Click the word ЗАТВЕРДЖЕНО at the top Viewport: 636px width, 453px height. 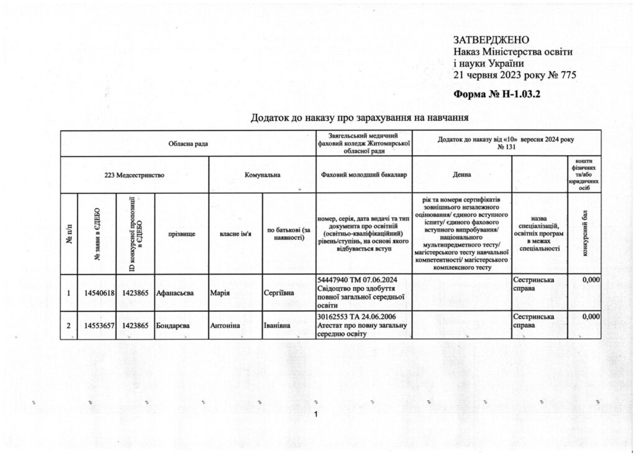point(491,40)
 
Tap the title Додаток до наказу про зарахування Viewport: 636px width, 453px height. point(358,117)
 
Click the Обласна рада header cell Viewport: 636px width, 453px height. point(188,144)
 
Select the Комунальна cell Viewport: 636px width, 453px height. point(263,175)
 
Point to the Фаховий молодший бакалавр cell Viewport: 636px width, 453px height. point(364,175)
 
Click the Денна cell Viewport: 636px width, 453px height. point(461,175)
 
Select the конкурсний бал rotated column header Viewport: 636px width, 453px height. point(587,233)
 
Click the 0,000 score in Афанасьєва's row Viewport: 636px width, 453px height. point(591,280)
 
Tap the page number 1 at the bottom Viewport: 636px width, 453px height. point(317,415)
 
